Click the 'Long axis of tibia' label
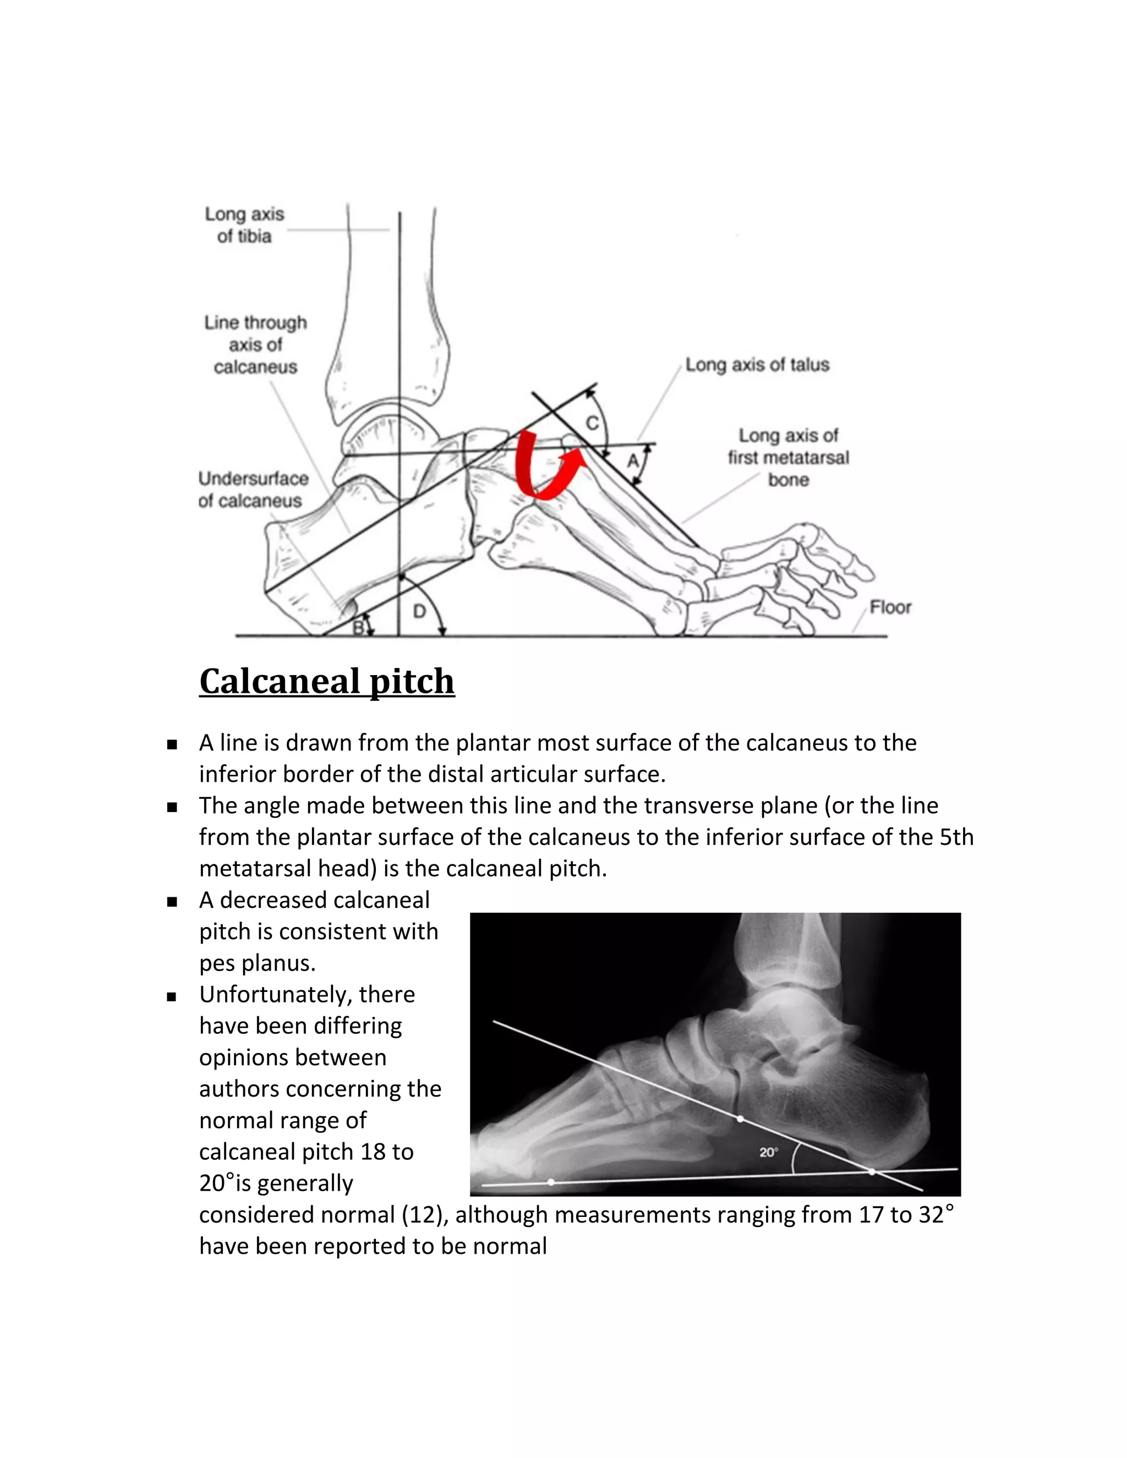[244, 225]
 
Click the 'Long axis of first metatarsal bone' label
[788, 457]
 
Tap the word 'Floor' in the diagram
[890, 607]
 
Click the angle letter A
[632, 461]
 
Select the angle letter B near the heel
[358, 627]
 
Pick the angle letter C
[592, 423]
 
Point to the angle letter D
[419, 611]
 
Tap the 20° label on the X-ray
[768, 1152]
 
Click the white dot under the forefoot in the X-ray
[551, 1182]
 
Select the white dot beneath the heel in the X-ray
[872, 1171]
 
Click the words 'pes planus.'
[257, 963]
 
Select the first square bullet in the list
[172, 744]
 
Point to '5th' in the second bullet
[956, 837]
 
